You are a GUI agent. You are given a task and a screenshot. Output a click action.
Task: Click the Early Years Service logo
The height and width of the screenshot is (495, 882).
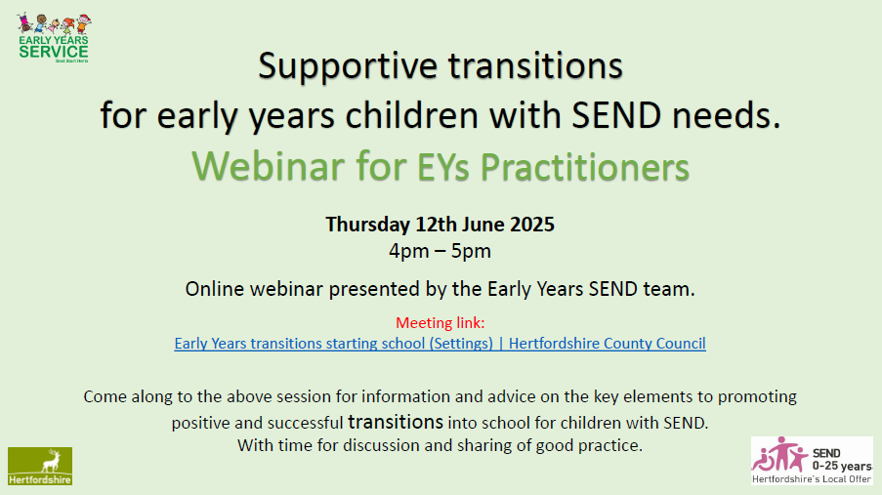pos(54,38)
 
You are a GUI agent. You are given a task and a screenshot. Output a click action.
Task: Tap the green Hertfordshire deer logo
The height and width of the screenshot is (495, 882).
pos(40,467)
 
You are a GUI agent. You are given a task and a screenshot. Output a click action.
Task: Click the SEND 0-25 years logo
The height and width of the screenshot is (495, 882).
pos(812,461)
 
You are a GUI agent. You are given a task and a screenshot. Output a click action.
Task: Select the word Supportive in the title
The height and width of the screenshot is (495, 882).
pos(348,66)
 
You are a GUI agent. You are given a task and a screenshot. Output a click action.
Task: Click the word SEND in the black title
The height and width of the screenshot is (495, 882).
pos(616,115)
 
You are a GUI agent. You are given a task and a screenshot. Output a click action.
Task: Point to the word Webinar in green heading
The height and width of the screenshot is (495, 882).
pos(269,167)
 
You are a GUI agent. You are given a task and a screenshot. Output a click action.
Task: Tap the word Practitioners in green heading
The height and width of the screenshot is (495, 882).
pos(584,167)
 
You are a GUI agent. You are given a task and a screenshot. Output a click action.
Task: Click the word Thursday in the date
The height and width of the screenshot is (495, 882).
pos(367,225)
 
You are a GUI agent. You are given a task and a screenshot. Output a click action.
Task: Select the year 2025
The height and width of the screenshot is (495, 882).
pos(532,225)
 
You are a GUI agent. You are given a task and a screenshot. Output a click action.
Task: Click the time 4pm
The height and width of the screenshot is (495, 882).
pos(409,252)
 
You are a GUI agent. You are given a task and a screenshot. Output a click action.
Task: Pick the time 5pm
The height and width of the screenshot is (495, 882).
pos(471,252)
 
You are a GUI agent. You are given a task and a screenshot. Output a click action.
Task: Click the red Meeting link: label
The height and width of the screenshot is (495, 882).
pos(440,323)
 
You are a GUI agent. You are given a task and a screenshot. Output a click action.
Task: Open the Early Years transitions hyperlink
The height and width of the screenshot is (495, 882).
pos(440,344)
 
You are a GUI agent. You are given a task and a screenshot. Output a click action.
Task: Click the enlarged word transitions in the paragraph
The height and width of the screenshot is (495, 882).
pos(396,422)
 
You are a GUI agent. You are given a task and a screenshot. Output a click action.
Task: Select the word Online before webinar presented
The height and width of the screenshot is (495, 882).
pos(215,289)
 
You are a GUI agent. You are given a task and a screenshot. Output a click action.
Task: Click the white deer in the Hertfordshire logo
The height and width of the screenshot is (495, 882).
pos(51,461)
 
